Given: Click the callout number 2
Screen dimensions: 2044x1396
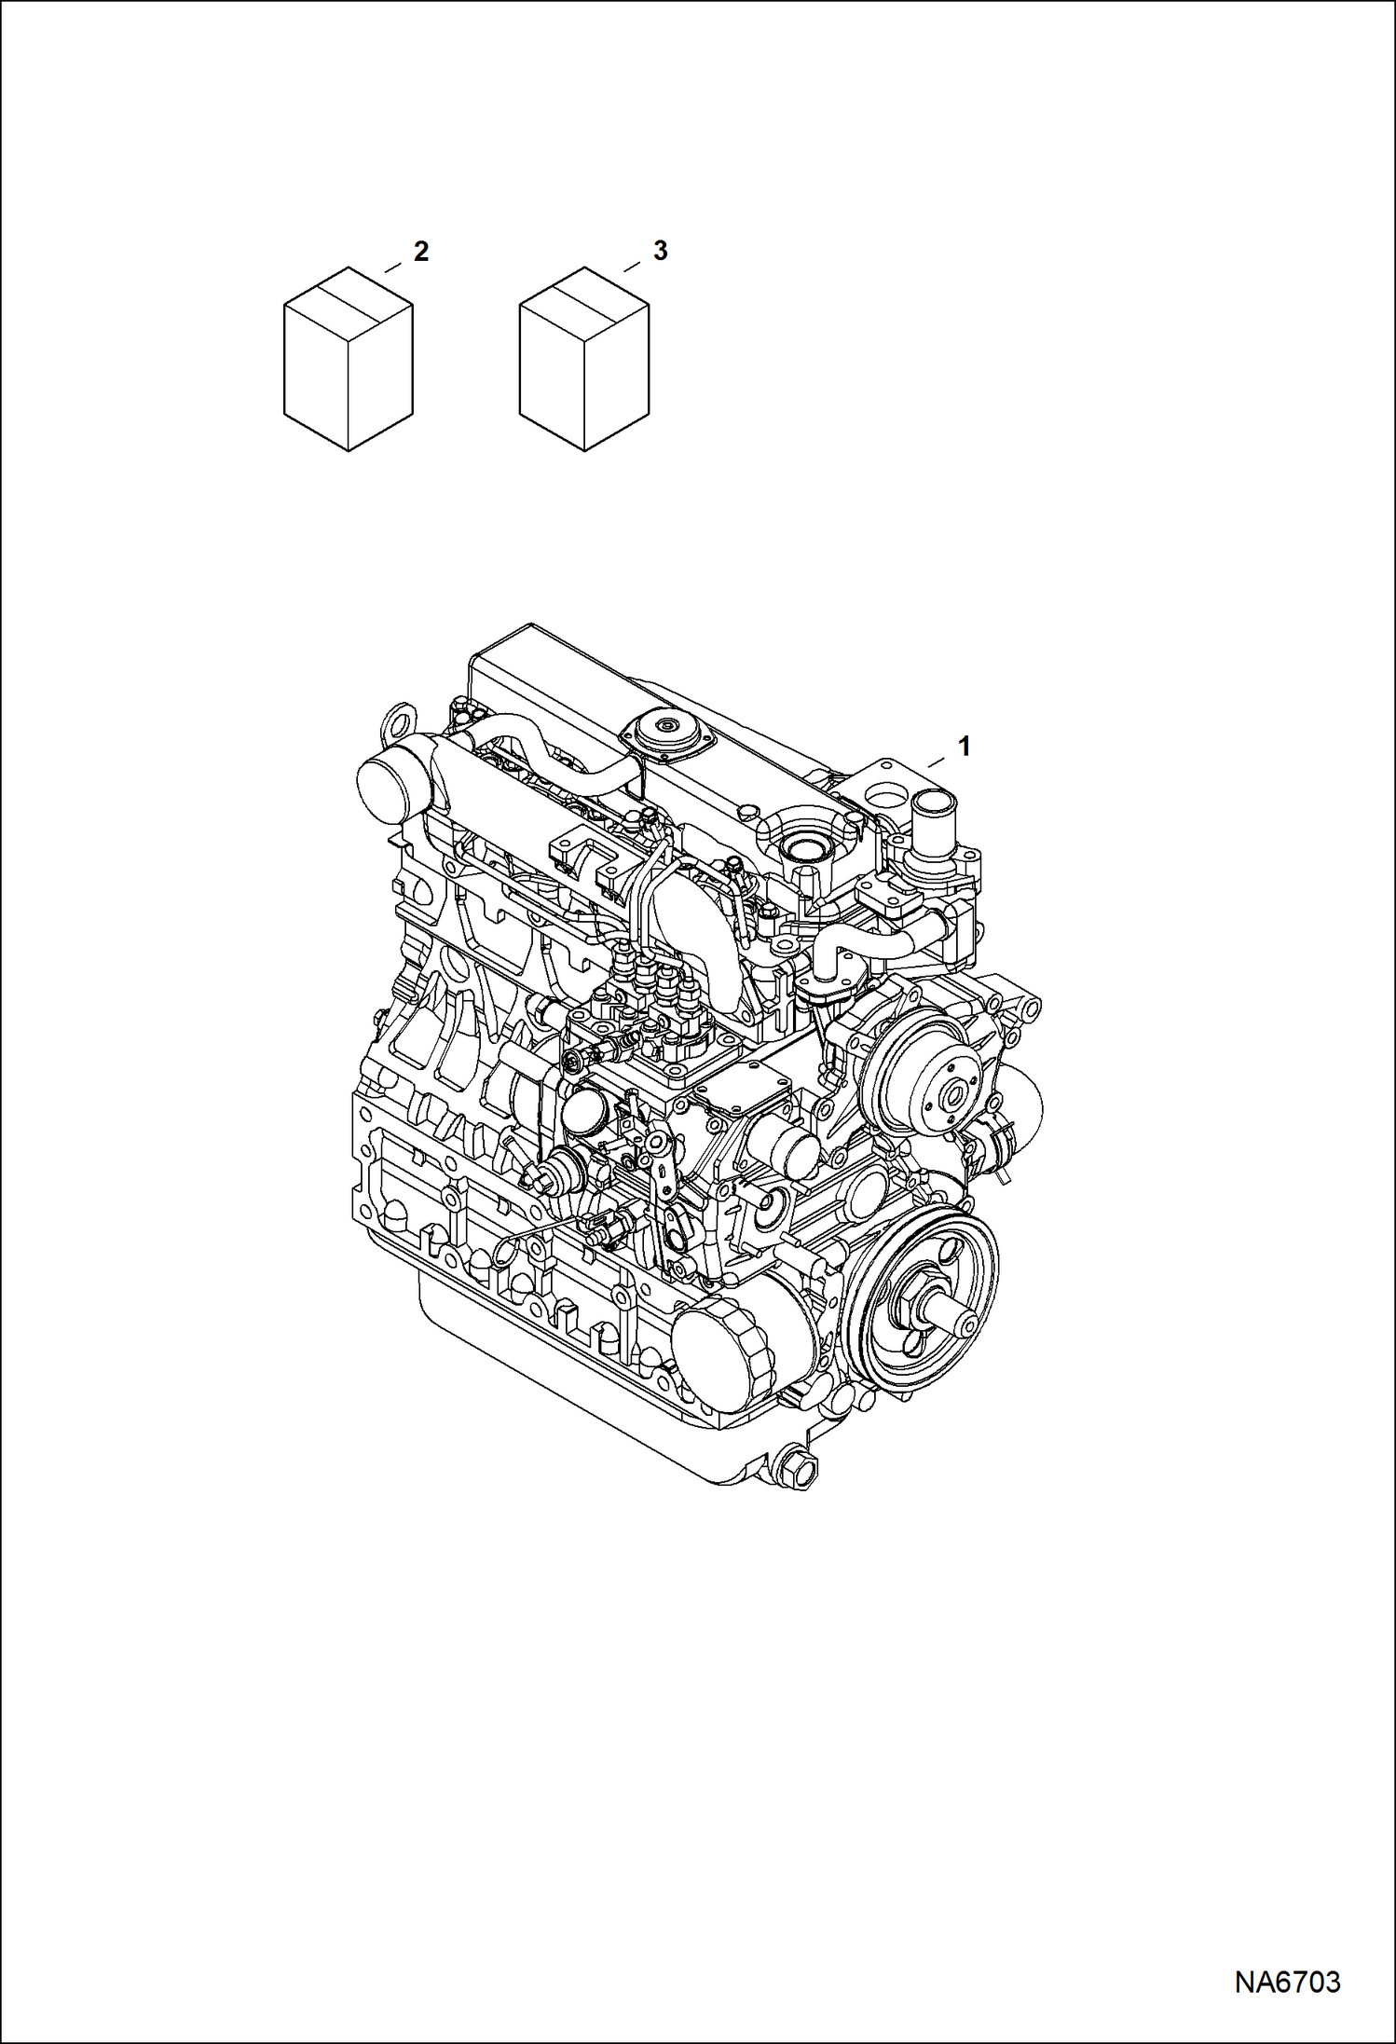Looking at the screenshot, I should coord(421,251).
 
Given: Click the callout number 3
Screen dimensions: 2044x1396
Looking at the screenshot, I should coord(660,251).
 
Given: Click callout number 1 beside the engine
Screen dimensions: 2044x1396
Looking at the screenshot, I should coord(965,746).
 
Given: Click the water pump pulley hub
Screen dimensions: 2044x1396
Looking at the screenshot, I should coord(947,1096).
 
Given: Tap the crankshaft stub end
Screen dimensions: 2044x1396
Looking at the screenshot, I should coord(960,1324).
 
